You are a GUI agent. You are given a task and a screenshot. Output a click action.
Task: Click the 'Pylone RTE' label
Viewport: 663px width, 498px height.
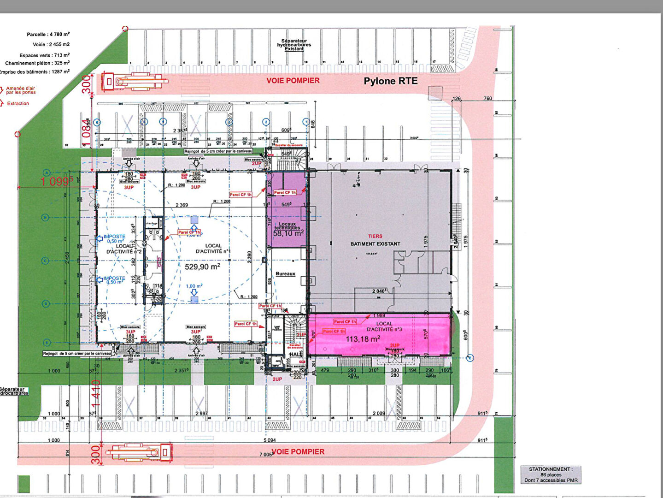pos(390,81)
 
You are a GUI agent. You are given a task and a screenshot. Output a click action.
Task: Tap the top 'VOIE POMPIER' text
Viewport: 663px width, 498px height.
pos(293,81)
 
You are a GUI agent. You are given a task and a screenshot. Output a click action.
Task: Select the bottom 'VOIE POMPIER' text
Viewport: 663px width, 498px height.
pos(298,451)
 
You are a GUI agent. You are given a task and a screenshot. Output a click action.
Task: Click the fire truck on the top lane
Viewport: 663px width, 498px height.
pos(135,82)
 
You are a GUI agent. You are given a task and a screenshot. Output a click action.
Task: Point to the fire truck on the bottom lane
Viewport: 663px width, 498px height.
pos(139,452)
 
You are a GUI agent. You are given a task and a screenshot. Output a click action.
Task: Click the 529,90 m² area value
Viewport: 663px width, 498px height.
pos(202,267)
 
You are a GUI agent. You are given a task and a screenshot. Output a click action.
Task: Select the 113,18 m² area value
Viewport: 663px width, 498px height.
pos(363,339)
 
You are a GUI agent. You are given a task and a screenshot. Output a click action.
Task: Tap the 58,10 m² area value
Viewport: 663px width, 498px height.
pos(288,234)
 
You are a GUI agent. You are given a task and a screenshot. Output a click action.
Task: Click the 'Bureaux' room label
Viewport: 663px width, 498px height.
pos(285,274)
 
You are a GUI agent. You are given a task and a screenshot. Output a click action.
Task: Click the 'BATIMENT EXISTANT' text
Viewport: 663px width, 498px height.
pos(375,244)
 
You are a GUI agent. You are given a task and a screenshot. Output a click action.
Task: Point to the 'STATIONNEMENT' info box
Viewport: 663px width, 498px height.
pos(551,474)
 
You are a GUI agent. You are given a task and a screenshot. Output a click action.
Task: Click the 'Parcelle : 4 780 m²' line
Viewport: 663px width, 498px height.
pos(48,34)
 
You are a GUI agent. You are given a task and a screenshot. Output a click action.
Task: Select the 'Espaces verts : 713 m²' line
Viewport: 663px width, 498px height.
pos(44,55)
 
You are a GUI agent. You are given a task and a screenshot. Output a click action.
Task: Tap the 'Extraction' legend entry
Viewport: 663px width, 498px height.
pos(18,104)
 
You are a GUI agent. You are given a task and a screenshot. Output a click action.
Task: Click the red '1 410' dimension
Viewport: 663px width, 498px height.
pos(96,391)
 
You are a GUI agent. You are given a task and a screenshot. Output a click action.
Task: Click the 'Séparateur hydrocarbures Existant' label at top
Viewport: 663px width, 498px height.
pos(293,45)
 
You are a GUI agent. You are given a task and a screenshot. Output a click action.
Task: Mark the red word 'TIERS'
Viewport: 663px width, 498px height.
pos(375,236)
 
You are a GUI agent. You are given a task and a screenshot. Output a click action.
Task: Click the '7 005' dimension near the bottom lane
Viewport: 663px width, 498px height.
pos(266,455)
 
